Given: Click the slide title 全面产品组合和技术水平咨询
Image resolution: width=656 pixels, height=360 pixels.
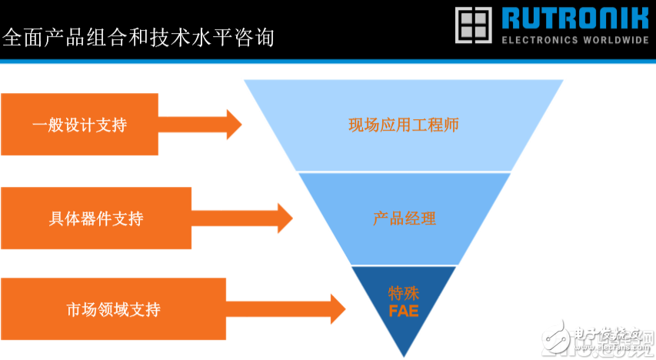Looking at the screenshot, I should point(138,36).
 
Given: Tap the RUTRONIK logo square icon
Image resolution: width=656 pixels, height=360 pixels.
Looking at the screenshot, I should point(473,25).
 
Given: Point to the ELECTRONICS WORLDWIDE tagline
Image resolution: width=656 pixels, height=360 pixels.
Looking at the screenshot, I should point(575,40).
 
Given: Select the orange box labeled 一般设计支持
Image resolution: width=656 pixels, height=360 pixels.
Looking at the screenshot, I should point(79,124).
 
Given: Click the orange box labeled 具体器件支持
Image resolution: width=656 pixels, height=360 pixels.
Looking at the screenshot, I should point(95,218).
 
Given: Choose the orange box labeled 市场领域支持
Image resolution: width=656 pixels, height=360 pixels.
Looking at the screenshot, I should point(112,309).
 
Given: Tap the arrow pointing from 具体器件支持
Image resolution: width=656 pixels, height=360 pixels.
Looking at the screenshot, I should point(243,218).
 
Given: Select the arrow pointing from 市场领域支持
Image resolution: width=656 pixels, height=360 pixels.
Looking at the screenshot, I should point(286,309).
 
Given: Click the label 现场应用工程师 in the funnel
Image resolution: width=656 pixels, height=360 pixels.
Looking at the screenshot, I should point(403,125).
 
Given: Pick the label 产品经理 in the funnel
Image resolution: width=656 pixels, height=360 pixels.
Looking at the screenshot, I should point(404,218).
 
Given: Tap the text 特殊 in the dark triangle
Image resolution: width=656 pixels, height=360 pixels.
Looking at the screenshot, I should point(403,293).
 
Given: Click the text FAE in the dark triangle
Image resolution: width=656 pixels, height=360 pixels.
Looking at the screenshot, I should point(403,312).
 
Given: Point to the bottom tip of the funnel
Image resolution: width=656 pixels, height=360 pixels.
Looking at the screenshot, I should point(404,354).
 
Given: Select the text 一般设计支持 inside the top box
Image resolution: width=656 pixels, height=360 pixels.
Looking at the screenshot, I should point(79,125).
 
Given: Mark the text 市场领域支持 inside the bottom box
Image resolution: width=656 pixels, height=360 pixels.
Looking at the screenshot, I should point(112,310).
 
